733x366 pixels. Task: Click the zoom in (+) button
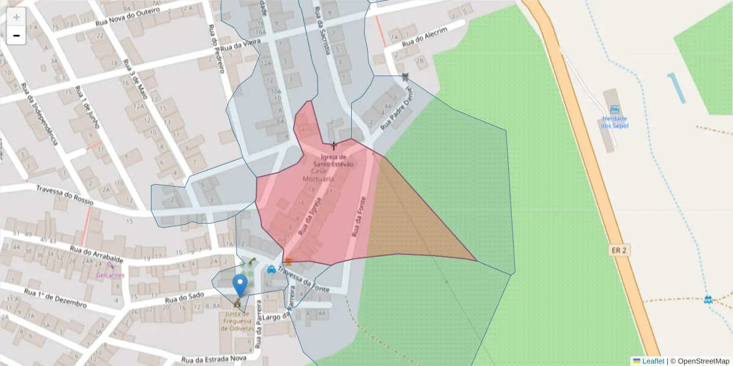[16, 17]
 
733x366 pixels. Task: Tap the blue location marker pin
[240, 285]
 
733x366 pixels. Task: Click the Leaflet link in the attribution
[653, 361]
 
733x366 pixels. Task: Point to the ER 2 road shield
[618, 250]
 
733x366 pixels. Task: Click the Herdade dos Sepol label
[614, 121]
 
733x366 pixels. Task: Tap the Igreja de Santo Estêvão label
[334, 160]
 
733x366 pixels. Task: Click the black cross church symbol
[334, 145]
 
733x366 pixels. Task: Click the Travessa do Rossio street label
[64, 195]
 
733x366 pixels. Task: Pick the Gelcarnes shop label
[110, 275]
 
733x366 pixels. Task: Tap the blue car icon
[271, 269]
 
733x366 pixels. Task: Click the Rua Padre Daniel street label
[398, 109]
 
